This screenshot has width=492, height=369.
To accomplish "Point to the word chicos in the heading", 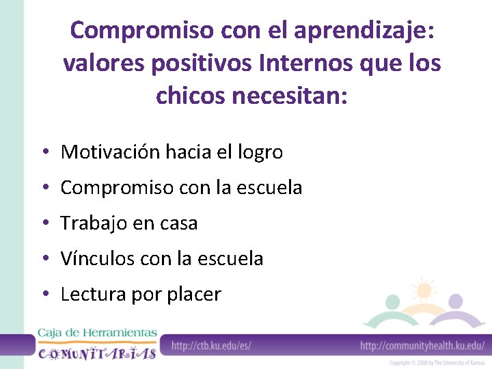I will point(189,95).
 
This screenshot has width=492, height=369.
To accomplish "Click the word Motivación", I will point(111,152).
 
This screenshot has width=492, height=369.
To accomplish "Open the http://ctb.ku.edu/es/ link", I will point(211,346).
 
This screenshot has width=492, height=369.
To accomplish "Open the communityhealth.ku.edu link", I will point(422,346).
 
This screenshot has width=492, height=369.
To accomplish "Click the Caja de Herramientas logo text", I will point(97,333).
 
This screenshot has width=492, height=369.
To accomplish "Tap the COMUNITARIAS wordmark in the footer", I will point(97,353).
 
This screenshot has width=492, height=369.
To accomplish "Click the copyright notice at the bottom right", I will point(437,363).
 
